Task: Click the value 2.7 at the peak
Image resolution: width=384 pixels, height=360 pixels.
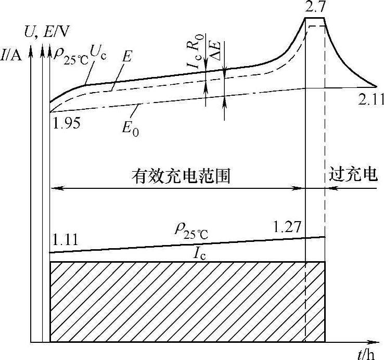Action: coord(314,7)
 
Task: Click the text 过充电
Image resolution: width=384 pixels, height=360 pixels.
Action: coord(353,175)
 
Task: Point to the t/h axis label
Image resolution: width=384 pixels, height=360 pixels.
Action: coord(366,355)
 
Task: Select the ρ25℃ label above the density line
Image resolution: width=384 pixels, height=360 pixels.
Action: coord(191,231)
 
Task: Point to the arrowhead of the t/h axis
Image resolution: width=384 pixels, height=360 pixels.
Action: coord(374,342)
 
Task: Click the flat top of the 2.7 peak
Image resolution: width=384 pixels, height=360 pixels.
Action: coord(314,19)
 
